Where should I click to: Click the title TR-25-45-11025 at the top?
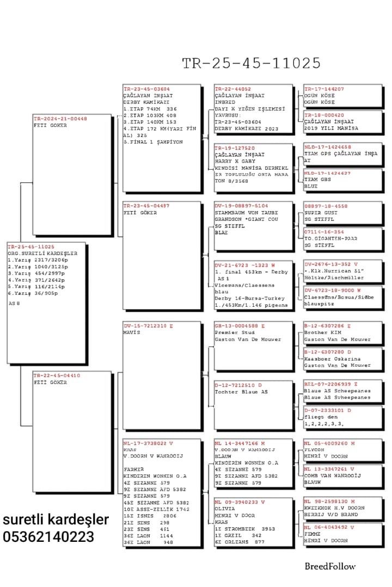point(251,63)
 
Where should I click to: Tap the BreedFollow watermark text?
point(330,566)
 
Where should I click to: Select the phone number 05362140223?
point(48,537)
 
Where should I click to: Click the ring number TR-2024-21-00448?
point(60,119)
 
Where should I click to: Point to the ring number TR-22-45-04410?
point(57,375)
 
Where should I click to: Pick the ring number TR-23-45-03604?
point(146,89)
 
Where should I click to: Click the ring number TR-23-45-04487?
point(146,206)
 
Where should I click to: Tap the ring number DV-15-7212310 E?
point(148,325)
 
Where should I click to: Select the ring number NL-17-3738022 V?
point(148,443)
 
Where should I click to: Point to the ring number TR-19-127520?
point(234,147)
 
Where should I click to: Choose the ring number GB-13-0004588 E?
point(240,325)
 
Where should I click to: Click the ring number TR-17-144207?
point(324,89)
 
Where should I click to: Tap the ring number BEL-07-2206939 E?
point(331,384)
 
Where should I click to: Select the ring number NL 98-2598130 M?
point(329,501)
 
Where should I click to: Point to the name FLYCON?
point(314,450)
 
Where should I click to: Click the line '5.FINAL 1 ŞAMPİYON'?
point(153,142)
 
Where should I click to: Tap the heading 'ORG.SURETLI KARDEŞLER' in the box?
point(42,253)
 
